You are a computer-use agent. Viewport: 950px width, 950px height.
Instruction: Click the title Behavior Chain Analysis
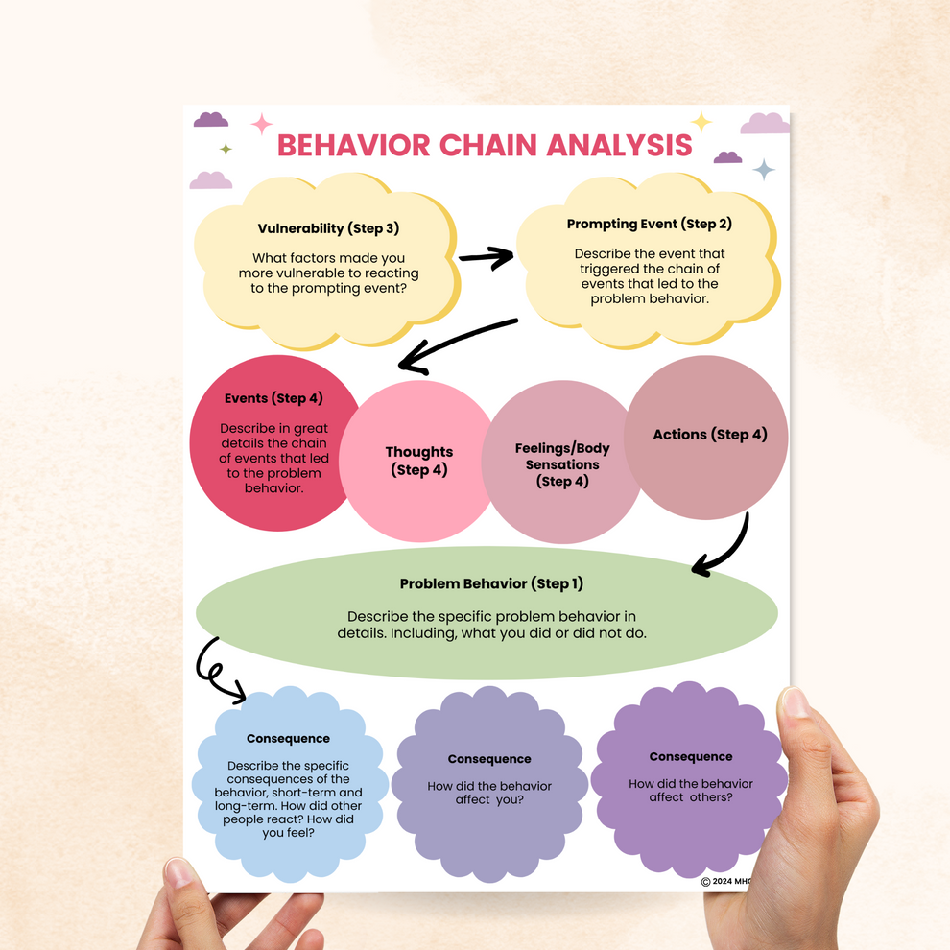[484, 145]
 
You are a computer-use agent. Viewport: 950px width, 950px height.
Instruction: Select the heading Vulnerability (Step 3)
[328, 228]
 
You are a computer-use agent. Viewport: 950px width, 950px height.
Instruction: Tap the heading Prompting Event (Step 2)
[649, 224]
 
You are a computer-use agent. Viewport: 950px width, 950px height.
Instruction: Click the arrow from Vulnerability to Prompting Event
[487, 256]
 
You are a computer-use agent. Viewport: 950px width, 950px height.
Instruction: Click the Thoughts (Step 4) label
[418, 461]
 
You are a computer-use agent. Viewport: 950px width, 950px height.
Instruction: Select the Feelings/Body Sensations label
[562, 464]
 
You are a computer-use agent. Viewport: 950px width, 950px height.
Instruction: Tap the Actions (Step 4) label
[709, 435]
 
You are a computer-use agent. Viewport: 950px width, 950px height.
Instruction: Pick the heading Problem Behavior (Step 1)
[491, 583]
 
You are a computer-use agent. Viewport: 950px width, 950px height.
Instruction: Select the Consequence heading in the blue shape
[288, 739]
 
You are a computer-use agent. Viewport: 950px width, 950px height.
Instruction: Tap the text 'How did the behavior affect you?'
[489, 793]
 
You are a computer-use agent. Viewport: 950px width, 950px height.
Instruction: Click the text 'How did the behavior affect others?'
[691, 790]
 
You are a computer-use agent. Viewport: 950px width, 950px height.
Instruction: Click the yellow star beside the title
[701, 122]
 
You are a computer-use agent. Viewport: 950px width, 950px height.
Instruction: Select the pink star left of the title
[261, 124]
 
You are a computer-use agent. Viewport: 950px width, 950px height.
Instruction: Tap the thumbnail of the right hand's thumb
[796, 702]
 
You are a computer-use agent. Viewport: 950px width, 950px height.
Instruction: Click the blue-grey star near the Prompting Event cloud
[764, 170]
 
